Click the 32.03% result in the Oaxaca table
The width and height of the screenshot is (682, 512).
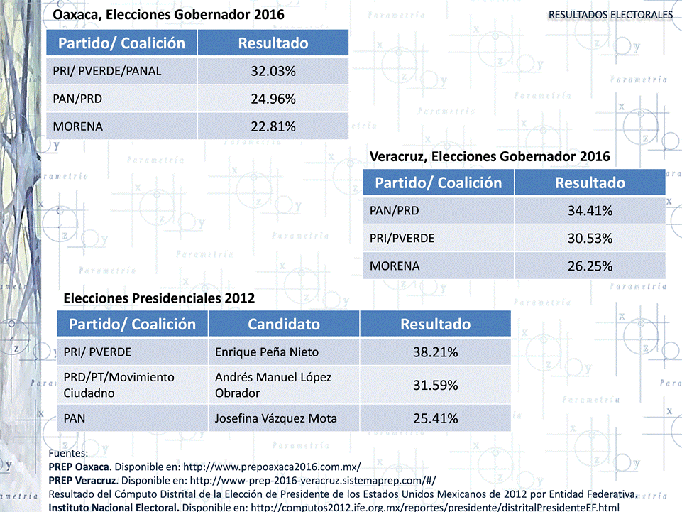(x=273, y=71)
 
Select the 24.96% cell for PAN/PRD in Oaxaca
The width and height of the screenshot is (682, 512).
(x=273, y=99)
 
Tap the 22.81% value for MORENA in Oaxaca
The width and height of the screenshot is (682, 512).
(x=273, y=126)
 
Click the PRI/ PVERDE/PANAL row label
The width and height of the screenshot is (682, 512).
(x=107, y=71)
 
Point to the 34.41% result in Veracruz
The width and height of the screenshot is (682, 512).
(x=590, y=211)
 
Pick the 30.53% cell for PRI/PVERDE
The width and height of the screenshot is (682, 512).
(x=590, y=239)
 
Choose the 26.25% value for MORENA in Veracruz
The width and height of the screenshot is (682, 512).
(x=590, y=266)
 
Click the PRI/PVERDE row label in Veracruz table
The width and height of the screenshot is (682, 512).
(x=402, y=239)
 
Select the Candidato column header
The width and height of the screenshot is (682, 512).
(x=284, y=325)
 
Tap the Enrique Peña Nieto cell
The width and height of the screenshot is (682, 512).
(x=267, y=352)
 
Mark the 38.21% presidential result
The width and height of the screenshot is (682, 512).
(x=435, y=352)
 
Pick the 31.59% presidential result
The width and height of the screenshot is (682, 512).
(x=435, y=386)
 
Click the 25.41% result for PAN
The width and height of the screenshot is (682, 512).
(x=435, y=418)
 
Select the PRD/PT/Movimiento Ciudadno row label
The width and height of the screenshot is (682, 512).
(x=119, y=385)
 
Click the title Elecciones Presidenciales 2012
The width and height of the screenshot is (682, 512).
(x=159, y=298)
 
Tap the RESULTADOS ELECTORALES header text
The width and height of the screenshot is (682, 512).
(x=610, y=15)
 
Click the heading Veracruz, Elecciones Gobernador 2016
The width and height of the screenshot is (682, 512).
(x=490, y=156)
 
